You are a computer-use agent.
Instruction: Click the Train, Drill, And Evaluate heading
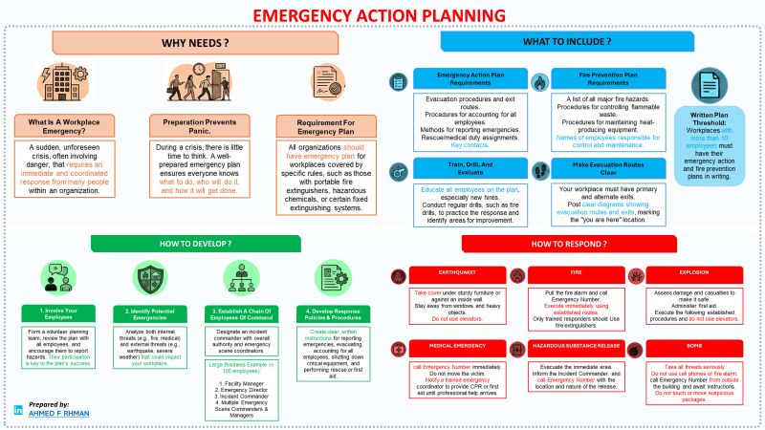pyautogui.click(x=468, y=169)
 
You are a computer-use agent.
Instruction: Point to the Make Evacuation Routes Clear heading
pyautogui.click(x=609, y=169)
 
